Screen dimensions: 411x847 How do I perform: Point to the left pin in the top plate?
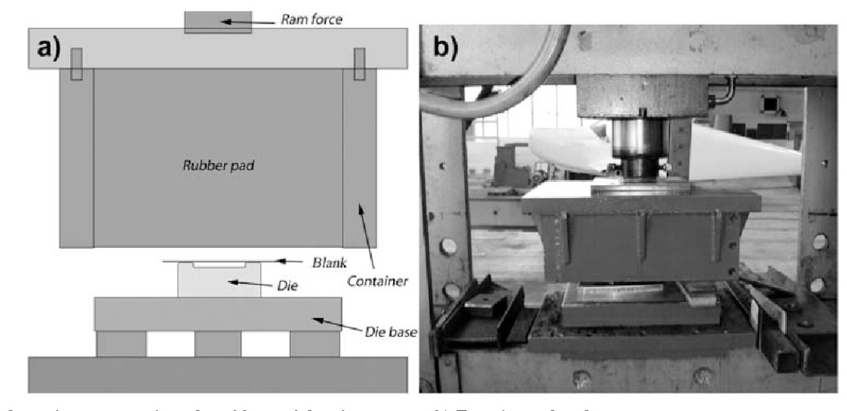tap(76, 63)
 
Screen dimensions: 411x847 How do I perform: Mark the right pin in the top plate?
tap(360, 63)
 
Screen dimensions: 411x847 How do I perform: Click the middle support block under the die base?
tap(218, 344)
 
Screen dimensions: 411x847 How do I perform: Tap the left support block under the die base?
tap(121, 344)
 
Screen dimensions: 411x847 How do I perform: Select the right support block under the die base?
tap(314, 344)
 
